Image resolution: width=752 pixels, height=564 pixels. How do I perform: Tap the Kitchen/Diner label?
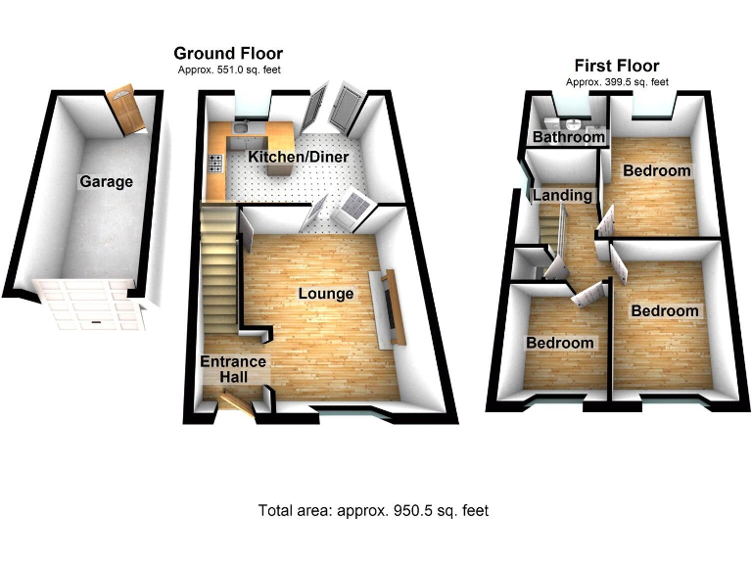(299, 158)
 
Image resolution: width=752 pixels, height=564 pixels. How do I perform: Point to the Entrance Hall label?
(233, 369)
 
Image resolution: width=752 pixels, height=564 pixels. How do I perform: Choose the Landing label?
(563, 195)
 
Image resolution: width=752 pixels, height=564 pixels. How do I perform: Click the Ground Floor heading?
(228, 54)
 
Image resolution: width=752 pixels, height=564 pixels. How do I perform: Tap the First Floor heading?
(617, 66)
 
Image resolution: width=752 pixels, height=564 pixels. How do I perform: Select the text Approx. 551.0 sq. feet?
(227, 70)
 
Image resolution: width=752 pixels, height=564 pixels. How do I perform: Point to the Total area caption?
(373, 510)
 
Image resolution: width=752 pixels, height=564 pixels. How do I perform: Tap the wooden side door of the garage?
(126, 110)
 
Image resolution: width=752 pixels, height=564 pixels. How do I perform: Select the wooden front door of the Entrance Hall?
(236, 400)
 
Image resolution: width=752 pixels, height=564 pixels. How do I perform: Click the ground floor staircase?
(220, 264)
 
